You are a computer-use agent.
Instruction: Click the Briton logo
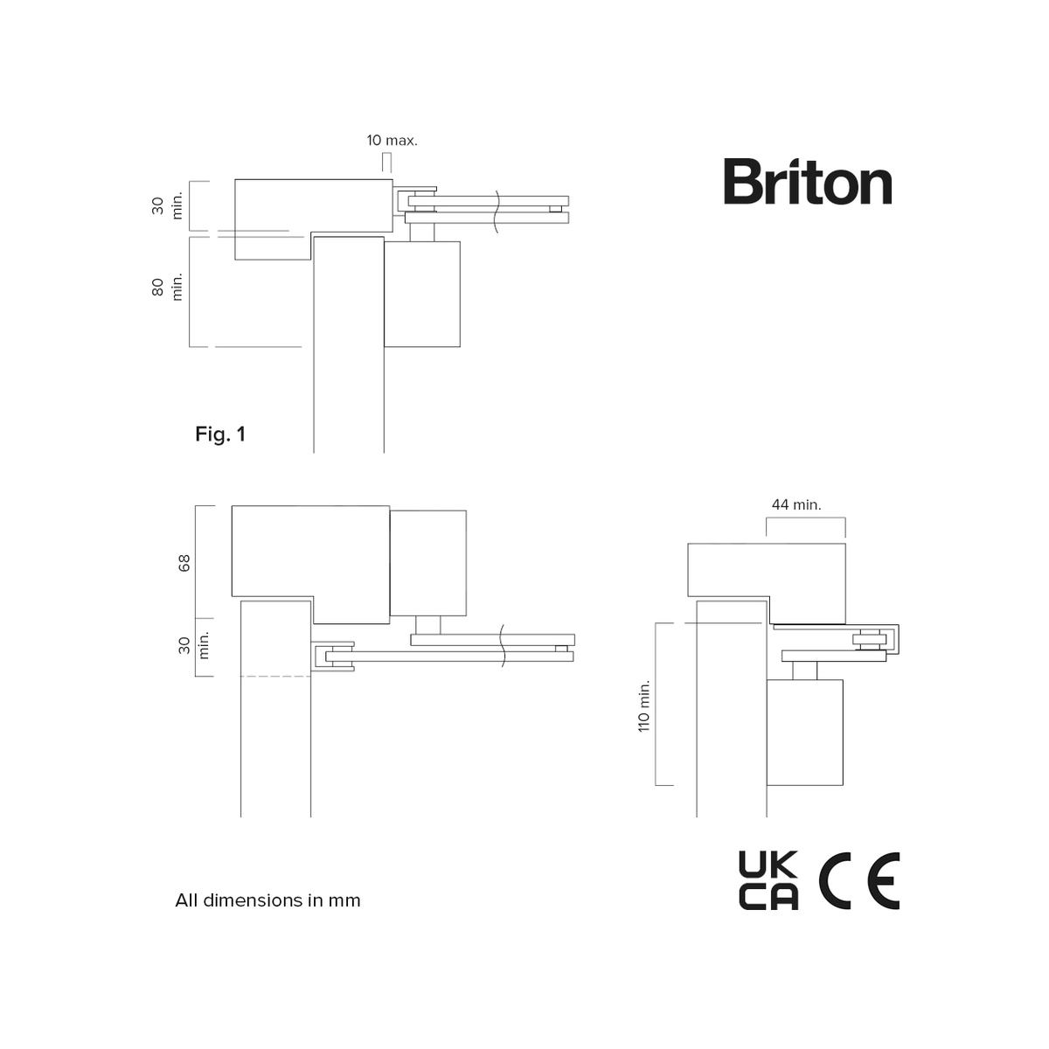807,183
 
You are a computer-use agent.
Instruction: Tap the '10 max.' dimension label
392,140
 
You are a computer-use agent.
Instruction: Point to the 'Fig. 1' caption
220,434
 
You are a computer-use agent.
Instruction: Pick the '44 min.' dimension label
796,504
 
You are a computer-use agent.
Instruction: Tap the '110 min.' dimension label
644,705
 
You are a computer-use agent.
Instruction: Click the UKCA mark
768,880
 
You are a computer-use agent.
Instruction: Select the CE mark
859,880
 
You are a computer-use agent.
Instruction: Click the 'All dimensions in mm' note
267,900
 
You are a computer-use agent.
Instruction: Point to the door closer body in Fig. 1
421,294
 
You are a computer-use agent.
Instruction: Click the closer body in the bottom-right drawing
805,732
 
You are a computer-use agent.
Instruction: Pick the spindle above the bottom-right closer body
805,670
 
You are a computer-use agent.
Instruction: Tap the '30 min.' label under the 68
194,645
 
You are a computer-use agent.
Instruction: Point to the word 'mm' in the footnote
344,900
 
